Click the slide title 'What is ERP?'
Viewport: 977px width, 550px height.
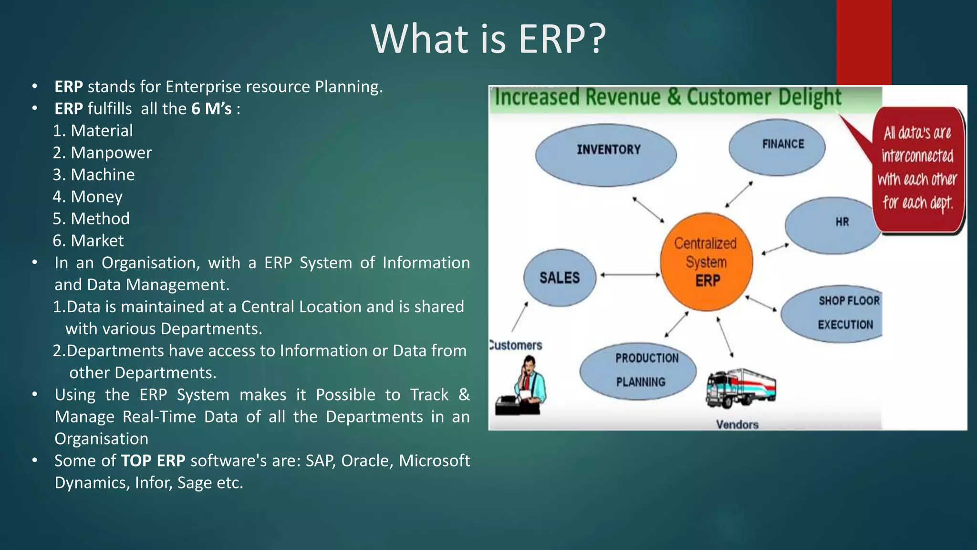point(488,39)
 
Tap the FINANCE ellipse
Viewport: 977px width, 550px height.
point(777,147)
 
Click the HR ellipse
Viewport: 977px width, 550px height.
point(832,224)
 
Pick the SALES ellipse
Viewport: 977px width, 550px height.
point(560,277)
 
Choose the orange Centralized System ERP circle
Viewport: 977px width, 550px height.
point(707,262)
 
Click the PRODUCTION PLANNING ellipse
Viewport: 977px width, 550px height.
point(638,370)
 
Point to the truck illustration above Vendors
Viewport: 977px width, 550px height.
point(740,387)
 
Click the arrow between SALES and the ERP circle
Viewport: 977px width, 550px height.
point(630,275)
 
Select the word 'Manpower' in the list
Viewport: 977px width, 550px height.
point(111,153)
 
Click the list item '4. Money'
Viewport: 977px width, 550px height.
point(88,197)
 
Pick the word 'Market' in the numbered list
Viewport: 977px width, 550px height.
point(97,241)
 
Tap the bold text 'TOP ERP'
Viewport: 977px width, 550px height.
point(153,461)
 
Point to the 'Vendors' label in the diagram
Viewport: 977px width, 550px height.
point(737,424)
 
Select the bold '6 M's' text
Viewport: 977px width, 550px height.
point(211,109)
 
